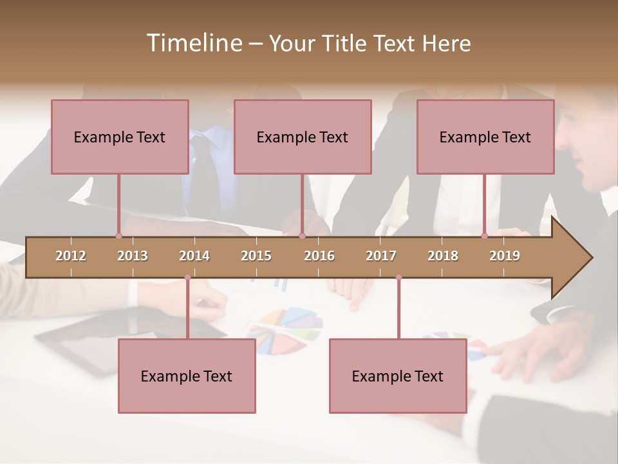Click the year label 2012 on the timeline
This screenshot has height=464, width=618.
[71, 256]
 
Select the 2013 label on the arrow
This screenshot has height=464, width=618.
[133, 256]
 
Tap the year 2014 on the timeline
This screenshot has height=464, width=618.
[194, 256]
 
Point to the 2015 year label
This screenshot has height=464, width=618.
[256, 256]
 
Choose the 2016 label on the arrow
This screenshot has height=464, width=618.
[319, 256]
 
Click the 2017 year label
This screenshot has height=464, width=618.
[381, 256]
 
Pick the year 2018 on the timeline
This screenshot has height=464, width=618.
[443, 256]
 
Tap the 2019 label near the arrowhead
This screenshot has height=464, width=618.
[505, 256]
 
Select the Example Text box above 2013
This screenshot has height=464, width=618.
[120, 137]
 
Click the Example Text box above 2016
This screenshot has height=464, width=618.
[303, 137]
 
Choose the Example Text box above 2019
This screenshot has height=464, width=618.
[485, 137]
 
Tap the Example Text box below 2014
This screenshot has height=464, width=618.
[187, 376]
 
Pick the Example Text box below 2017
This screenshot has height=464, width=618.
[398, 376]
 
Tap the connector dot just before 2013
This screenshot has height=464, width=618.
[118, 236]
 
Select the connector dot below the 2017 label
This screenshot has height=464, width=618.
[398, 277]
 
